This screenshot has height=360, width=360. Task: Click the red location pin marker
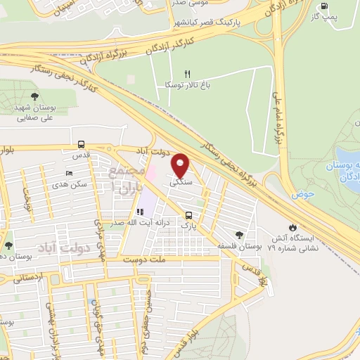(x=181, y=165)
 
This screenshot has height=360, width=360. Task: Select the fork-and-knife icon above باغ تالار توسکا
(x=186, y=73)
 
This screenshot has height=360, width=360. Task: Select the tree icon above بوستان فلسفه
(x=240, y=234)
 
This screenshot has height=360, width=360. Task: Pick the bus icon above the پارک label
(x=188, y=215)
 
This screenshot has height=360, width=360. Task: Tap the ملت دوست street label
(x=148, y=259)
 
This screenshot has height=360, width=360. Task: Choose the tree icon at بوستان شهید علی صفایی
(x=35, y=96)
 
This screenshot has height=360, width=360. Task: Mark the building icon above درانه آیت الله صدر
(x=138, y=211)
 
